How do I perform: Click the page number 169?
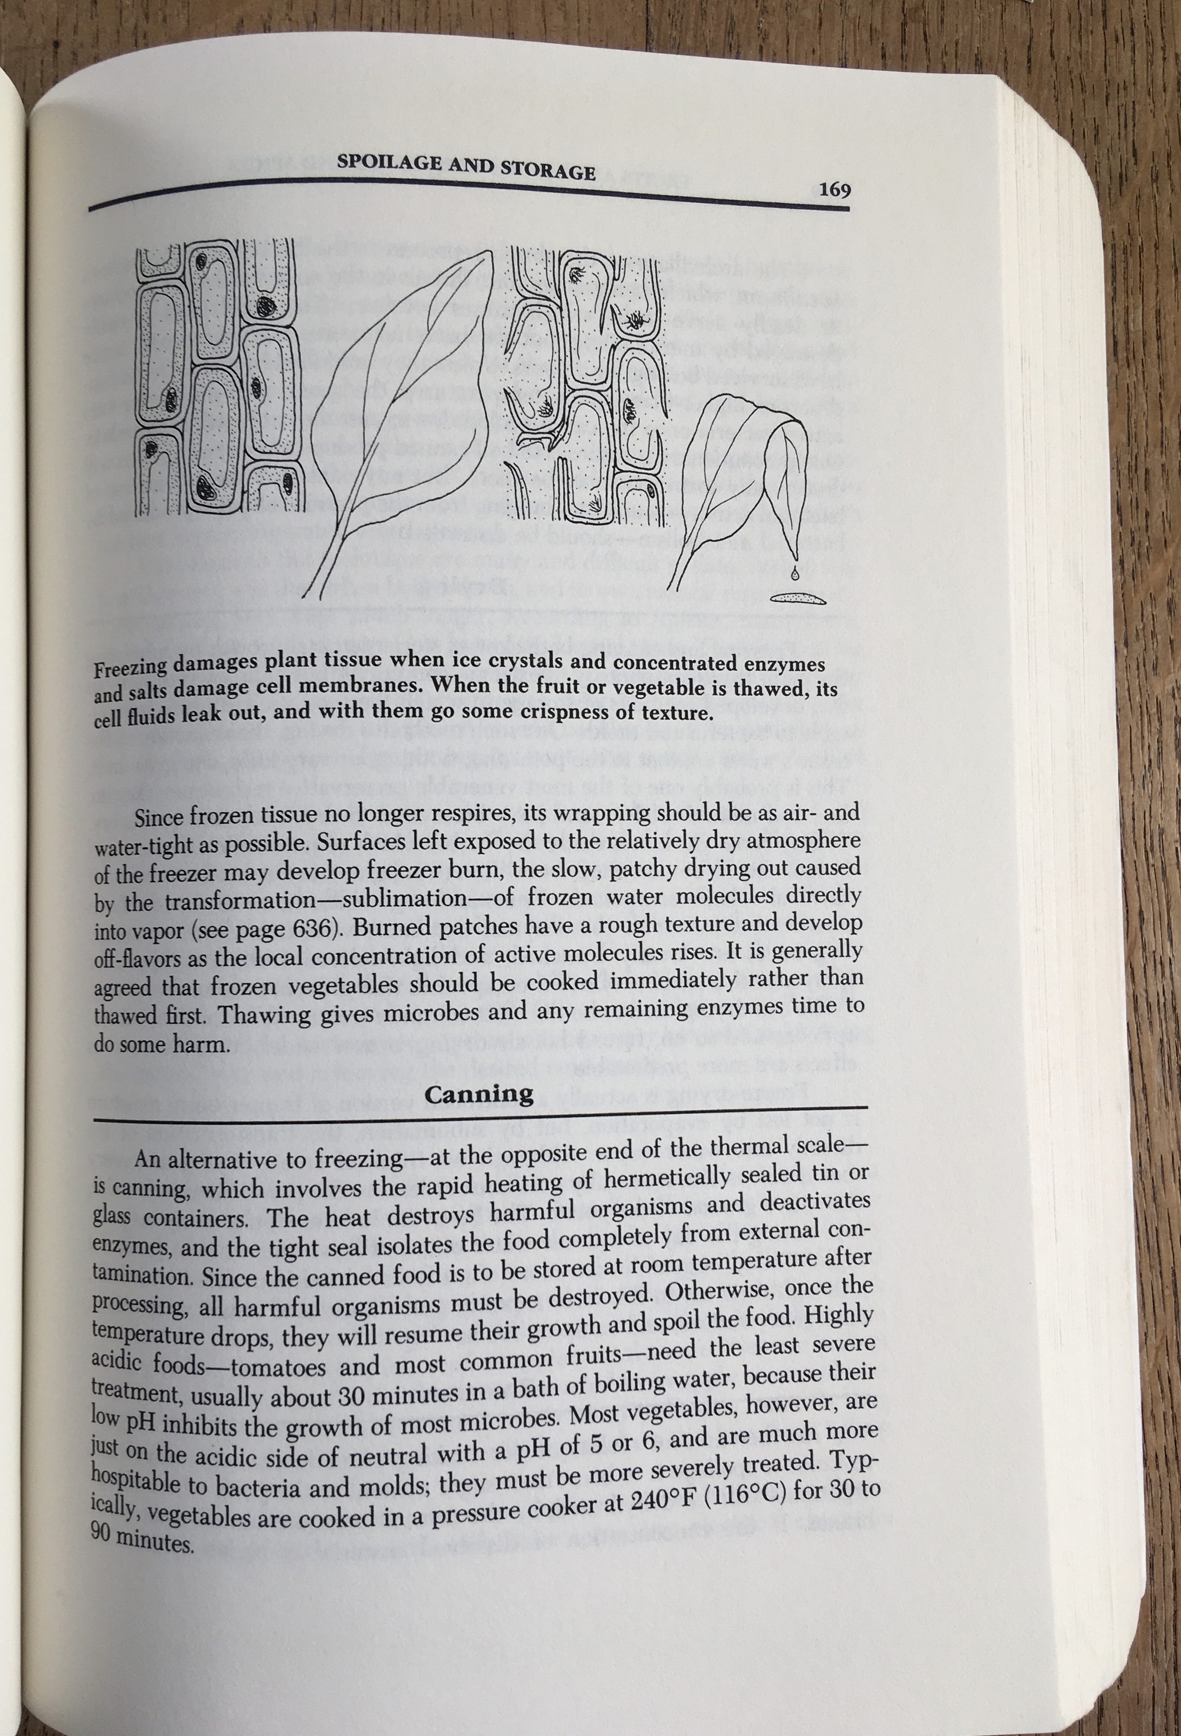point(835,190)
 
